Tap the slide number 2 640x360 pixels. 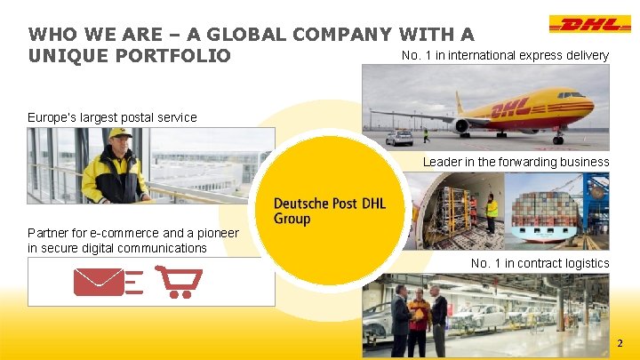[620, 342]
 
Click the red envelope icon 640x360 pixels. [99, 281]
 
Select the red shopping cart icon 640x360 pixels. [180, 281]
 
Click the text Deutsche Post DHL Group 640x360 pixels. [329, 211]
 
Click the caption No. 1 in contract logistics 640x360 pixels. [540, 263]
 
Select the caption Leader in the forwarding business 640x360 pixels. [516, 162]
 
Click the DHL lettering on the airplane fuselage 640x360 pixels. [511, 108]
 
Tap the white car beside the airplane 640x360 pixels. [399, 138]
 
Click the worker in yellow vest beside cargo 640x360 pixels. [492, 212]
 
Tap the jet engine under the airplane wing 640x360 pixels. [463, 126]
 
